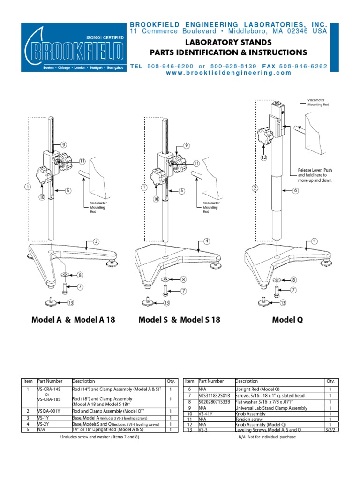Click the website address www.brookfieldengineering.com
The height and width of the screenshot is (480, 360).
point(229,73)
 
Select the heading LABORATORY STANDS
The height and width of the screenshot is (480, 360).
point(228,42)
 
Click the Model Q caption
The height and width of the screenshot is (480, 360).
point(287,320)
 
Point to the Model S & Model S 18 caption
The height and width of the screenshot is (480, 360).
point(179,320)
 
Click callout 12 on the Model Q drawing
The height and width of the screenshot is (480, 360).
point(263,158)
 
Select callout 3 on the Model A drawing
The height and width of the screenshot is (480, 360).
point(96,241)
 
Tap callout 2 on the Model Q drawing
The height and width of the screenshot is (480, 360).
point(255,188)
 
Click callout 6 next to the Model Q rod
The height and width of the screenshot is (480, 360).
point(296,190)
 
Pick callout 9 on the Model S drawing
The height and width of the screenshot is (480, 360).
point(186,145)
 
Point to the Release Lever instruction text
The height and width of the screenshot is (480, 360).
point(315,175)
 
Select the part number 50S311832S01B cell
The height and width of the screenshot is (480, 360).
point(215,396)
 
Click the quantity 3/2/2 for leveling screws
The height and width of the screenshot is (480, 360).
point(330,429)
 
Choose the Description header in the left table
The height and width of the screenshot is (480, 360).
point(83,381)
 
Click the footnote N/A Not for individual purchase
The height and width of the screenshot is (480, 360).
point(267,437)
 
